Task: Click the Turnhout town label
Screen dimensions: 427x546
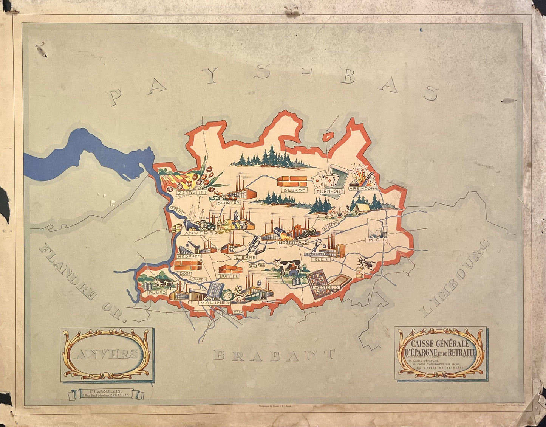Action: tap(330, 191)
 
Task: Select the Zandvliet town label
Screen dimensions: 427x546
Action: tap(192, 193)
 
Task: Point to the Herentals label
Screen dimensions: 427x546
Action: tap(293, 242)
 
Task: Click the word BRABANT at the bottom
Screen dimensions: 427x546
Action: tap(274, 355)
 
